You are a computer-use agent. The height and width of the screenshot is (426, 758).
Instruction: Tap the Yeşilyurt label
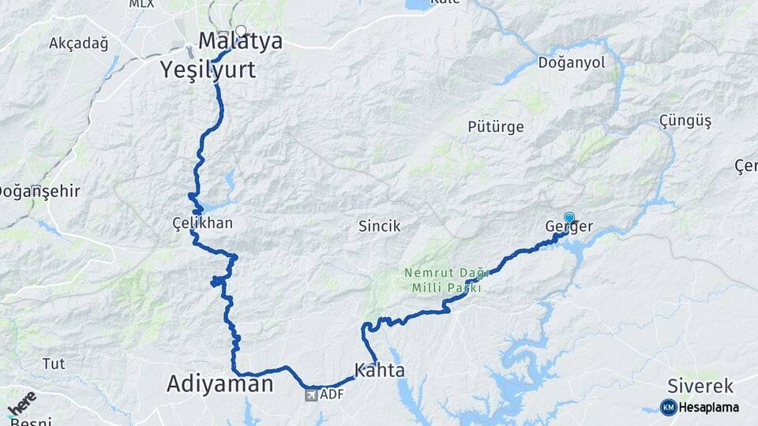coord(208,69)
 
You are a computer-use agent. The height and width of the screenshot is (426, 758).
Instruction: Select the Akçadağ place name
coord(78,43)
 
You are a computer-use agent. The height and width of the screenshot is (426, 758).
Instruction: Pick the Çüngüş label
coord(685,121)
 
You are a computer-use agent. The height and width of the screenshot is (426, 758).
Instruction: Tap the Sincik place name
coord(380,226)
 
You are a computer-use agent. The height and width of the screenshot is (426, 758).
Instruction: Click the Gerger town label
coord(568,227)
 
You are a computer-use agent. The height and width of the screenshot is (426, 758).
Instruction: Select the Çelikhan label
coord(203,223)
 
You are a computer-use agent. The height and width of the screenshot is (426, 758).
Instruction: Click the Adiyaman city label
coord(220,384)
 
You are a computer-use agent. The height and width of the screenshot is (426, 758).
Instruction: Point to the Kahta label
coord(380,370)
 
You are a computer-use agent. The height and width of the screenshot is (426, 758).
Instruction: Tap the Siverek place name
coord(700,387)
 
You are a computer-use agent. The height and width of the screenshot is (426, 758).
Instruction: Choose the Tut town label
coord(54,364)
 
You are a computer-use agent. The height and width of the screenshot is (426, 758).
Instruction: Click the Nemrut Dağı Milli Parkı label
coord(441,280)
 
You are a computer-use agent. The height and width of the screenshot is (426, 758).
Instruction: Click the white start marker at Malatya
coord(241,32)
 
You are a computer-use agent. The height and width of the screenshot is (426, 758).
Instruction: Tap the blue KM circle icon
coord(668,407)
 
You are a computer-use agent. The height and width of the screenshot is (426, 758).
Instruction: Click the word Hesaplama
coord(708,407)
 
